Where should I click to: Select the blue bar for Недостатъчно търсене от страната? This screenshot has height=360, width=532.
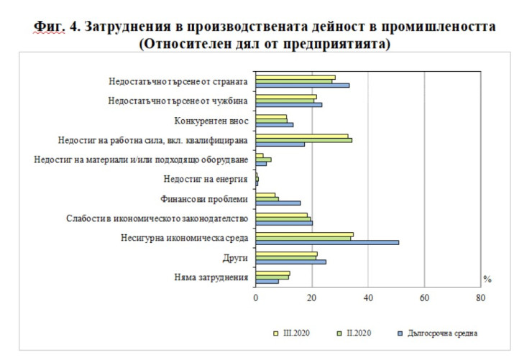pos(303,86)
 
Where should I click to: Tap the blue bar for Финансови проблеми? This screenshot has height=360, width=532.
pos(278,203)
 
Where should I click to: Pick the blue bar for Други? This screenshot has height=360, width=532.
pos(291,262)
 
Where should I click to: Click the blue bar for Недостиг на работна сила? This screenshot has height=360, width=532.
pos(280,144)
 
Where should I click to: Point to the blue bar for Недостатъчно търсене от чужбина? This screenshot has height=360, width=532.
pos(289,105)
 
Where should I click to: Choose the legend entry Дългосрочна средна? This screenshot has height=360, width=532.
pos(439,333)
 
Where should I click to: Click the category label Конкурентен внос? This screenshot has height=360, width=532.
pos(212,121)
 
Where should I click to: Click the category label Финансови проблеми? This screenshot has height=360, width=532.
pos(204,199)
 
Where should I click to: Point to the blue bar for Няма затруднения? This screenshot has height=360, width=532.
pos(267,281)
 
